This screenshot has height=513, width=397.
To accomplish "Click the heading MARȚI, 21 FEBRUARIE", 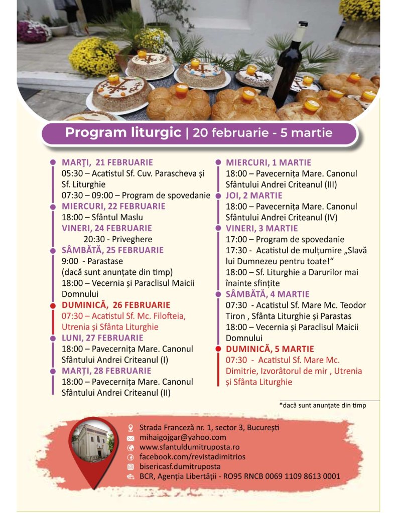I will click(x=107, y=162).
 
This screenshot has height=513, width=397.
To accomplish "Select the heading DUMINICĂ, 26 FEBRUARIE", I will click(x=116, y=305).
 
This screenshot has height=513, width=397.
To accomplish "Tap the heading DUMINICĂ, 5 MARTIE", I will click(x=270, y=349).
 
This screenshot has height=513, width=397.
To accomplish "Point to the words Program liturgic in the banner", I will click(x=123, y=133).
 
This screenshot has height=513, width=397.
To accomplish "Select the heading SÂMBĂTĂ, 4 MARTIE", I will click(x=268, y=294).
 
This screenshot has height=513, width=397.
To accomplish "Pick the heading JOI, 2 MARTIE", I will click(x=254, y=196).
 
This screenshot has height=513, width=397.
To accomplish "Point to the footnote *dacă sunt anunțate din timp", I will click(x=323, y=405).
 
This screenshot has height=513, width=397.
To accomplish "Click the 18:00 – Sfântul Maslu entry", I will click(x=102, y=217).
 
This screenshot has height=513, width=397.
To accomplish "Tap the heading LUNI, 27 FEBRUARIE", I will click(x=102, y=338).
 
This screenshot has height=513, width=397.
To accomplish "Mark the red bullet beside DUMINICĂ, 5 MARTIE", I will click(x=218, y=349).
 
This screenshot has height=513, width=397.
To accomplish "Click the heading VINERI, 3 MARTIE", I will click(x=261, y=228).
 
